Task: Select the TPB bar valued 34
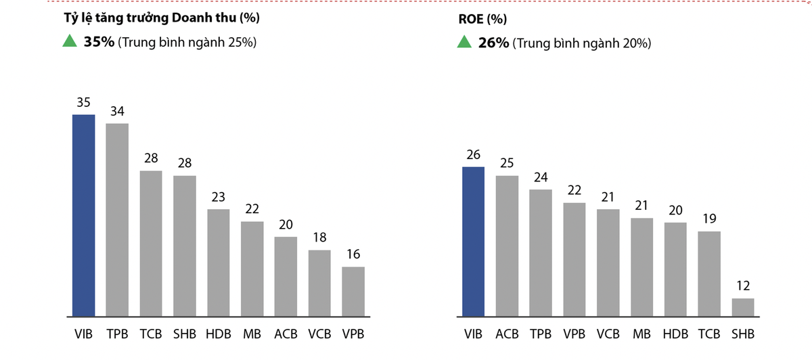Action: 117,220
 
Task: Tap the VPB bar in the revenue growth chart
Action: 353,292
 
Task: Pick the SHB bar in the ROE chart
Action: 743,307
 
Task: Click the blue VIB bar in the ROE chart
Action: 473,242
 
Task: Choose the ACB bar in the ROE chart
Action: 507,246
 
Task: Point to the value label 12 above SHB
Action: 743,286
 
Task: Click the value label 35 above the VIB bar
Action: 84,103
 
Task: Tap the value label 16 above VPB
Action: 353,255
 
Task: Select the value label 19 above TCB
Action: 709,219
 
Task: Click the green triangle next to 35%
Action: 69,42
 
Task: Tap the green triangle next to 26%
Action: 464,43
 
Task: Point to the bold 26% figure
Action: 493,43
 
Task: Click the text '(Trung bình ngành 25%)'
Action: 187,43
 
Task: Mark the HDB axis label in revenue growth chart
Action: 219,334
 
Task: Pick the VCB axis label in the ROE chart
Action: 608,334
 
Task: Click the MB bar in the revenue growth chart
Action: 252,269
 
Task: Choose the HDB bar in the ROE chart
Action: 675,269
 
